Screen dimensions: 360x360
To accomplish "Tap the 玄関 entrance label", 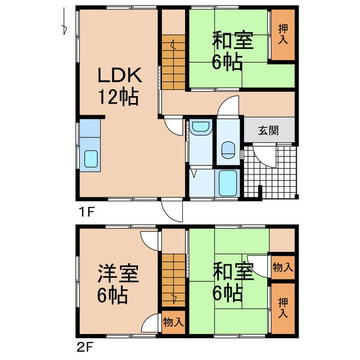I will [268, 130].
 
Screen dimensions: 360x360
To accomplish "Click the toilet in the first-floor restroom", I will [228, 150].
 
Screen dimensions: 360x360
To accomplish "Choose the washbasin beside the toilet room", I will [200, 129].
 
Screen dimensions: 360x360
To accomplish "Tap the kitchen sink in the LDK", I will [91, 159].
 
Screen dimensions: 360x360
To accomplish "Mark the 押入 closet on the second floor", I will [282, 309].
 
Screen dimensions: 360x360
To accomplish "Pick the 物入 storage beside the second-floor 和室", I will [282, 267].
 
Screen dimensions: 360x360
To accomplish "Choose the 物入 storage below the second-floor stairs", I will [173, 322].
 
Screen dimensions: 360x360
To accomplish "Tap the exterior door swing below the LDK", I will [173, 211].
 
